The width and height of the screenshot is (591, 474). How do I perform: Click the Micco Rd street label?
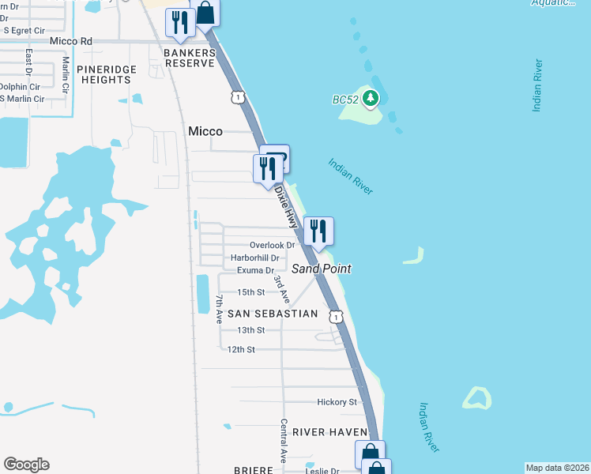tap(70, 40)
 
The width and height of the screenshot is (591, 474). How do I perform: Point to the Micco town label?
tap(205, 131)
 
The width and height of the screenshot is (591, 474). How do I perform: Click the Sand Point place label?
tap(322, 269)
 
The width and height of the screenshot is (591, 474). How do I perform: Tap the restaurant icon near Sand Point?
tap(318, 231)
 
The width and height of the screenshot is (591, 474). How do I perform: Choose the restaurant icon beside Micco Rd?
tap(180, 23)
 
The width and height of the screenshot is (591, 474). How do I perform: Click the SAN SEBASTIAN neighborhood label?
tap(273, 314)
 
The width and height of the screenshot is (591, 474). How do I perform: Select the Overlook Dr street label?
tap(272, 245)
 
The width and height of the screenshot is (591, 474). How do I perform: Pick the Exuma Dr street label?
tap(255, 270)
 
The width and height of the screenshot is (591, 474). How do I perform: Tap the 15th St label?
tap(251, 292)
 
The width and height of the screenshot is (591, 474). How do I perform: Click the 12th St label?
tap(240, 349)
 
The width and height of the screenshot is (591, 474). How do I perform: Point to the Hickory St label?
tap(337, 402)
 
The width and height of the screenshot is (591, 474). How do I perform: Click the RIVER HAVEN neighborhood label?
tap(330, 432)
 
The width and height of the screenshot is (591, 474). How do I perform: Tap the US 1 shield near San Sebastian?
tap(337, 317)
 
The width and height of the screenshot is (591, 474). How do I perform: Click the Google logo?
tap(26, 465)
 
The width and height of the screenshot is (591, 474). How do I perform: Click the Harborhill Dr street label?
tap(254, 258)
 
